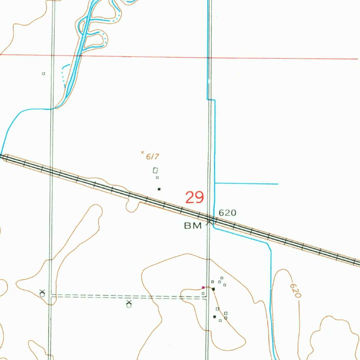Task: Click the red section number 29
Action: pyautogui.click(x=195, y=198)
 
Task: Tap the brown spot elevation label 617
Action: pyautogui.click(x=152, y=157)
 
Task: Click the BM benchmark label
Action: pyautogui.click(x=193, y=226)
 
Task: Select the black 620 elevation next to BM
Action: pyautogui.click(x=227, y=213)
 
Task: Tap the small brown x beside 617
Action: pyautogui.click(x=142, y=152)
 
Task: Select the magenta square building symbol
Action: pyautogui.click(x=203, y=287)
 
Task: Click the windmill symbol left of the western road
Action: pyautogui.click(x=42, y=293)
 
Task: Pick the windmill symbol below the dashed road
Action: pyautogui.click(x=129, y=304)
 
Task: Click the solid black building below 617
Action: pyautogui.click(x=159, y=189)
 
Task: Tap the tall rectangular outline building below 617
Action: pyautogui.click(x=155, y=171)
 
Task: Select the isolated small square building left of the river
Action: pyautogui.click(x=44, y=73)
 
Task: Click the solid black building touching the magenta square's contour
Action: pyautogui.click(x=213, y=289)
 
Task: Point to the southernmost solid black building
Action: pyautogui.click(x=214, y=317)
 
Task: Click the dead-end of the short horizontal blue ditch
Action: pyautogui.click(x=278, y=184)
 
